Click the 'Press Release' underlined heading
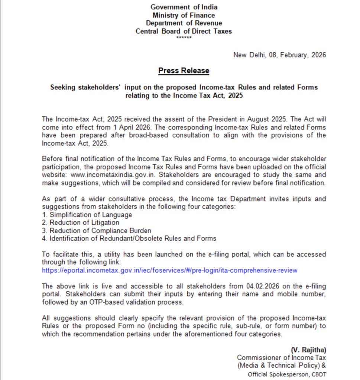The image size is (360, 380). (184, 71)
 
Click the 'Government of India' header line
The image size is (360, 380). (184, 7)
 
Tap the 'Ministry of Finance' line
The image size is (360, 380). (184, 15)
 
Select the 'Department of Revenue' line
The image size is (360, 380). (184, 23)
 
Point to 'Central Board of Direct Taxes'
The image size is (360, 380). (184, 31)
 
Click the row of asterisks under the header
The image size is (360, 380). (184, 38)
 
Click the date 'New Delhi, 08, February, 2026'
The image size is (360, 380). (279, 55)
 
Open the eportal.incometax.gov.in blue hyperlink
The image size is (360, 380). (169, 270)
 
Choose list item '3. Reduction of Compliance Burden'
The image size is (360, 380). (96, 230)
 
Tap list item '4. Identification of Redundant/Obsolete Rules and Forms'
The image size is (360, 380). (129, 238)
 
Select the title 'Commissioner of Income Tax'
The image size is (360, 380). (281, 358)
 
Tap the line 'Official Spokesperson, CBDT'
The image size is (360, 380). (287, 374)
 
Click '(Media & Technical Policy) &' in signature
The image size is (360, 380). (281, 366)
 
